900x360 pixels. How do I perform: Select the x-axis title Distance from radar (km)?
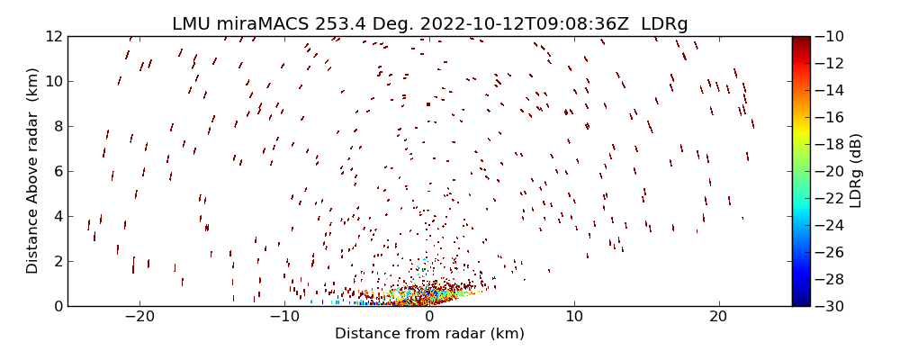(429, 334)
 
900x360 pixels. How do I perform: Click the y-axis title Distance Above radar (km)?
(32, 171)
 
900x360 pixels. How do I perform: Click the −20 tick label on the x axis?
(139, 317)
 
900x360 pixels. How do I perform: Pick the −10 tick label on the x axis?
(284, 317)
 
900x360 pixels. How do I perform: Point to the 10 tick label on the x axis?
(574, 317)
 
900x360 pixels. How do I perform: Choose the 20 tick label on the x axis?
(718, 317)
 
